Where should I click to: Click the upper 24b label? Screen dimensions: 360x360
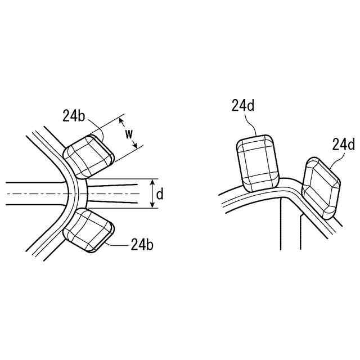(x=74, y=116)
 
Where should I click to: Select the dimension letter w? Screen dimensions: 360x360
(x=129, y=134)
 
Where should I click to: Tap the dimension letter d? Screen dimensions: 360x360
(x=160, y=195)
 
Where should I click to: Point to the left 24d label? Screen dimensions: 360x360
(x=243, y=106)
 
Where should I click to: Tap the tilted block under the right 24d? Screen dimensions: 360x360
(x=321, y=187)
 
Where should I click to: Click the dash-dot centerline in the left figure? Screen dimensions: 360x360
(x=34, y=195)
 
